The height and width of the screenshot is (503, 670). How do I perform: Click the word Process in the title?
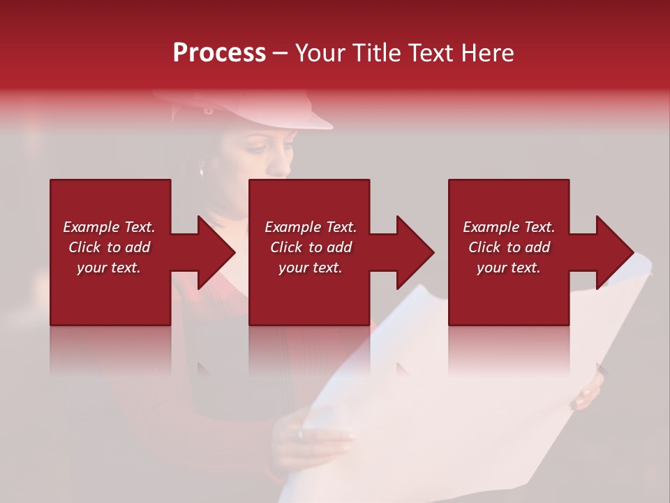(219, 53)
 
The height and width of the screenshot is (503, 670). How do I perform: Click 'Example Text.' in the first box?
(109, 227)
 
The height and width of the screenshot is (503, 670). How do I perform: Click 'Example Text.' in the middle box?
(310, 227)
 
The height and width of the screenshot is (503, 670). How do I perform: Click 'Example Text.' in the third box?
(509, 227)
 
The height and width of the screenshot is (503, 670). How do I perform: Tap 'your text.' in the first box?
(109, 268)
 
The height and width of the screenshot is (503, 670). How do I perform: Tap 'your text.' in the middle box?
(310, 268)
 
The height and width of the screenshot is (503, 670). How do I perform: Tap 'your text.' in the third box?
(509, 268)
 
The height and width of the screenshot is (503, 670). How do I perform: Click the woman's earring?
(201, 170)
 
